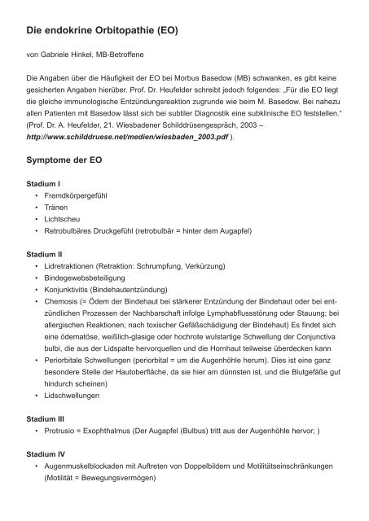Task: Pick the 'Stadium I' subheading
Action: (x=44, y=185)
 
